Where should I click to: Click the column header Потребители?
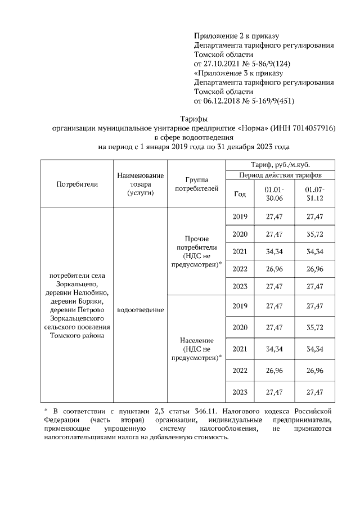[77, 184]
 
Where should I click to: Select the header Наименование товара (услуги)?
[141, 184]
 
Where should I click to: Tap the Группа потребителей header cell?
[196, 184]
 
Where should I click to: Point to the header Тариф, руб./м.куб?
[281, 165]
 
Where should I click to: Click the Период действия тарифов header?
[281, 175]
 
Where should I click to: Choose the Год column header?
[240, 194]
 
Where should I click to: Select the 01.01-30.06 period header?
[274, 194]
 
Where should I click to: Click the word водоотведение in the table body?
[141, 310]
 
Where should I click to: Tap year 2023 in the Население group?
[240, 392]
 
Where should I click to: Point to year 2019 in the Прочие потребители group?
[240, 217]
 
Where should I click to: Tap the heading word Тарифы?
[193, 119]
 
